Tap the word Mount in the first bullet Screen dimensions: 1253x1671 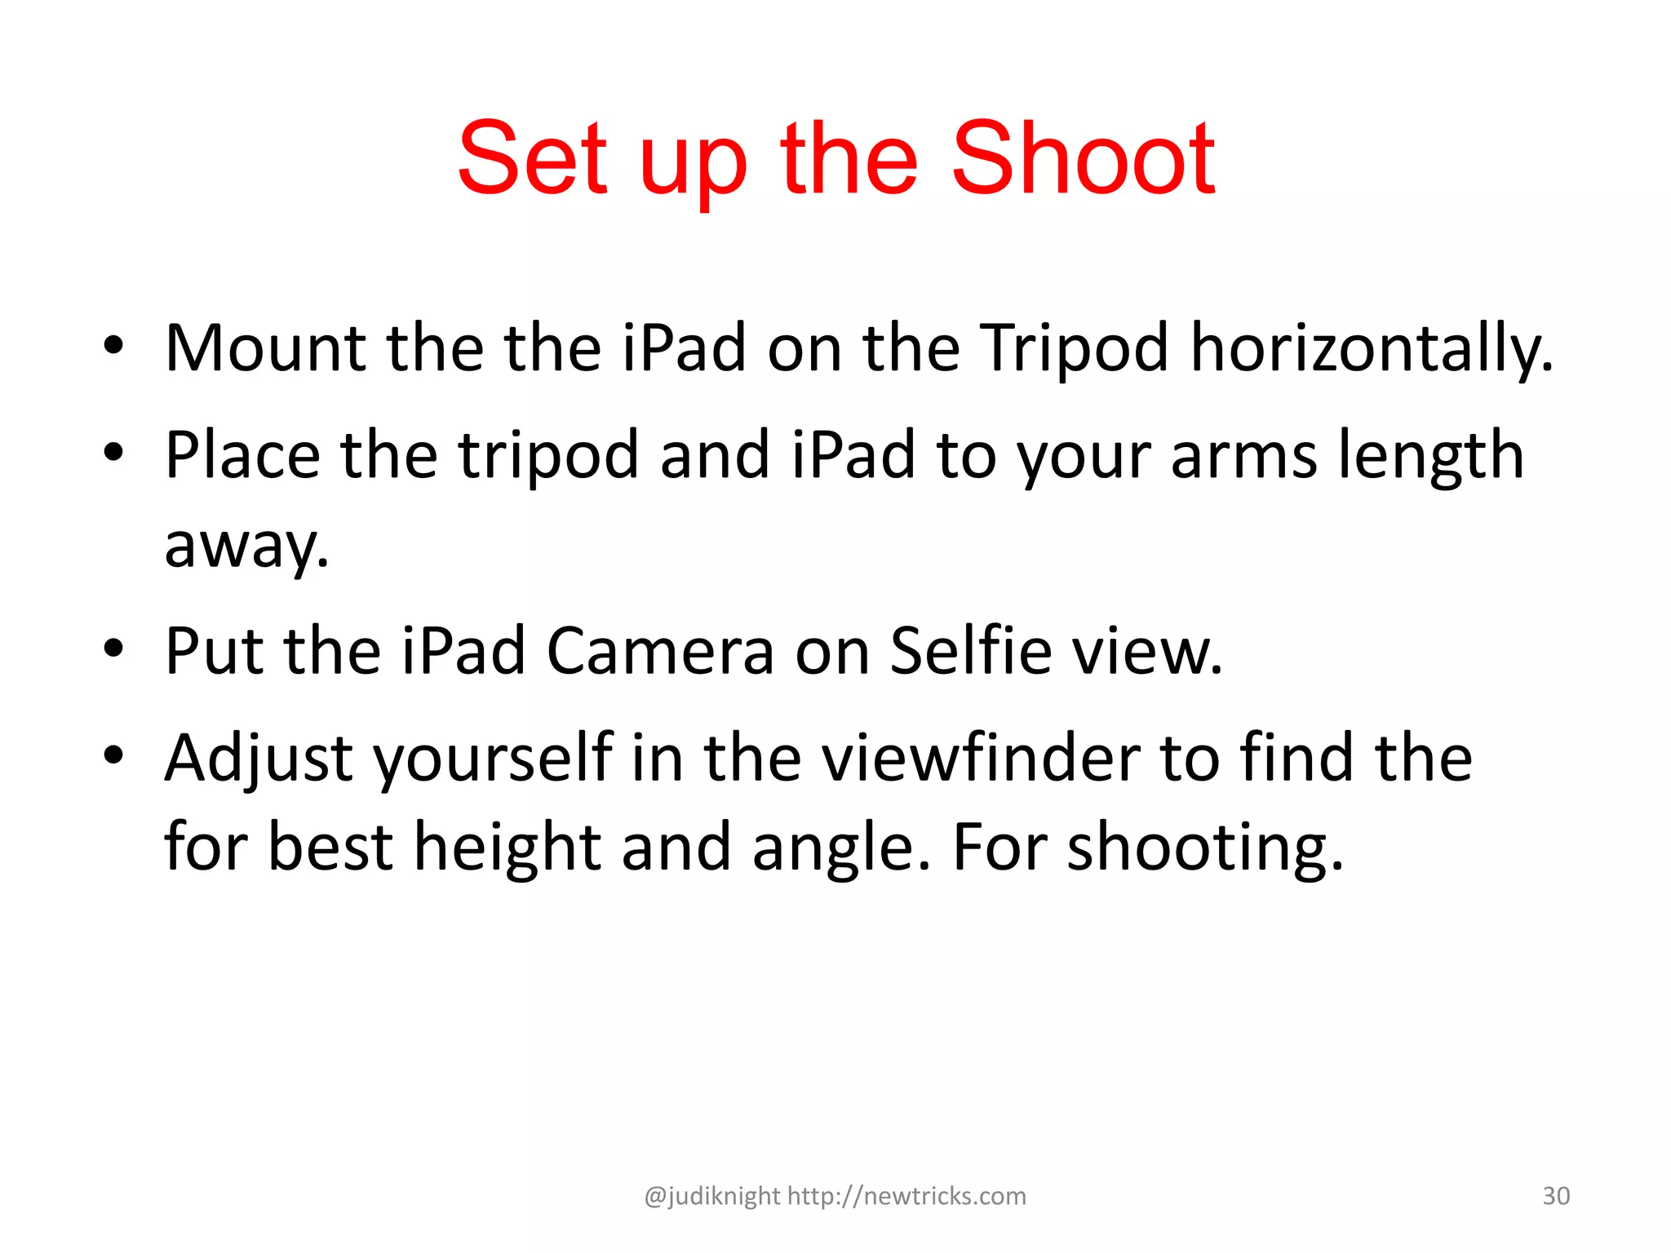(265, 348)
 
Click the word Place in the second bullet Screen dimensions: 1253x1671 (242, 455)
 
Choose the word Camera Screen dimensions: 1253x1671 (660, 651)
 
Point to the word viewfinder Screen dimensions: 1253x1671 (980, 759)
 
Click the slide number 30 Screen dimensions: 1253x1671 (1556, 1196)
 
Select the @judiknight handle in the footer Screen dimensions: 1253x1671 (712, 1197)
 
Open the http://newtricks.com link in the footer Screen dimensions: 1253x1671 (906, 1196)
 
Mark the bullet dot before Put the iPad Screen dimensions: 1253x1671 (113, 649)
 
